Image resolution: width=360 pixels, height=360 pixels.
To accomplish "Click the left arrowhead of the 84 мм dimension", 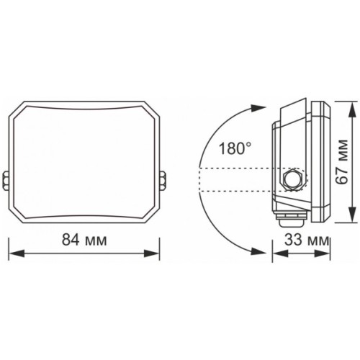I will (x=14, y=253).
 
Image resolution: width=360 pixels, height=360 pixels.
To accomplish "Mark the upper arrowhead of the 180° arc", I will (x=257, y=109).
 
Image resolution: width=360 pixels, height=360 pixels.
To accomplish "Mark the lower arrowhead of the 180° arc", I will (x=257, y=248).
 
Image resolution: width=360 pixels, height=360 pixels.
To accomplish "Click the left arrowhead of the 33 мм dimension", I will (x=277, y=253).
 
